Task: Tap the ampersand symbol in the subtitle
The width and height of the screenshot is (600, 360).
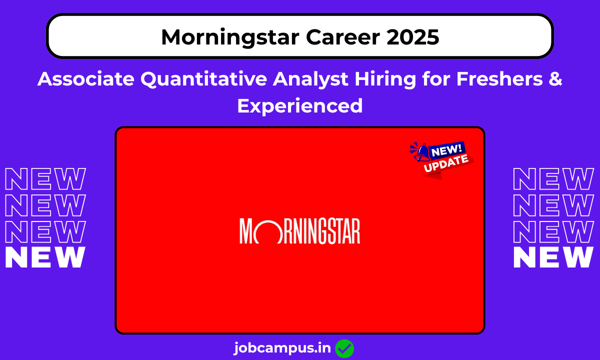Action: click(554, 79)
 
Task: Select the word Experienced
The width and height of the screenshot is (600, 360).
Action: click(300, 105)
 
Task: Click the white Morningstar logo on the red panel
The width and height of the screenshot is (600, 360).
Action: click(300, 230)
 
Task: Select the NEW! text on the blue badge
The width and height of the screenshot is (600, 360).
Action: click(448, 149)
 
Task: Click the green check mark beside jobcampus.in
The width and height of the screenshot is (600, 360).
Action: click(344, 348)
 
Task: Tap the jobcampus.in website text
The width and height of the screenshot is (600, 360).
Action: click(282, 348)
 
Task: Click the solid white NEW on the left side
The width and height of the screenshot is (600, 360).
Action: click(45, 257)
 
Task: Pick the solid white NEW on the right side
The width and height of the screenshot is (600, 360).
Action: click(554, 257)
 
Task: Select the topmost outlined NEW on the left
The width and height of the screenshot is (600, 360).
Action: click(45, 179)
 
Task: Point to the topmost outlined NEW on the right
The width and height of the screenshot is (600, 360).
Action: click(554, 179)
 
